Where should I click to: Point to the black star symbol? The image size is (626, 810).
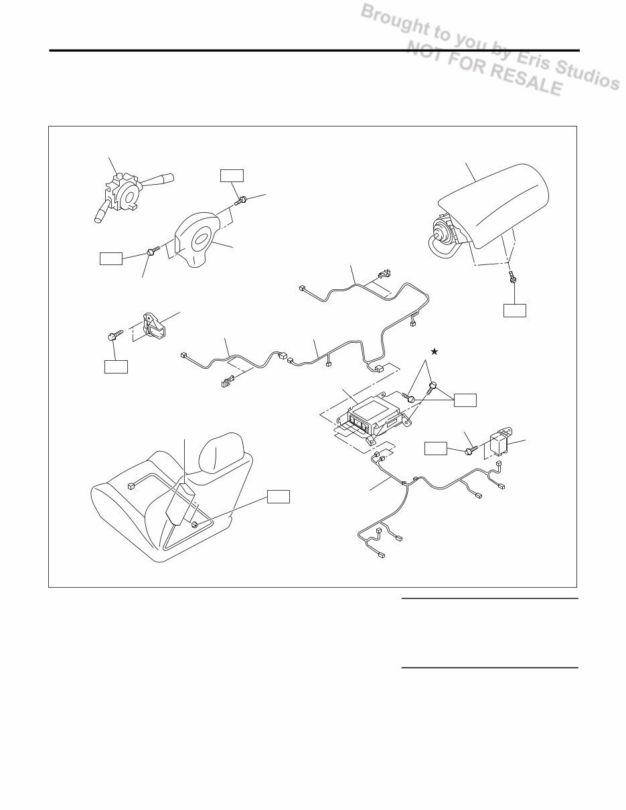[435, 351]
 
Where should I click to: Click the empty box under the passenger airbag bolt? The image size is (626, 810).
[515, 310]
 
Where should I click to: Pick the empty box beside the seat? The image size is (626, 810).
[279, 496]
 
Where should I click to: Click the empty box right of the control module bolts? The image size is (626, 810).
[465, 400]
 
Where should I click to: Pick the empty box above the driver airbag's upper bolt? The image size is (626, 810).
[232, 175]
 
